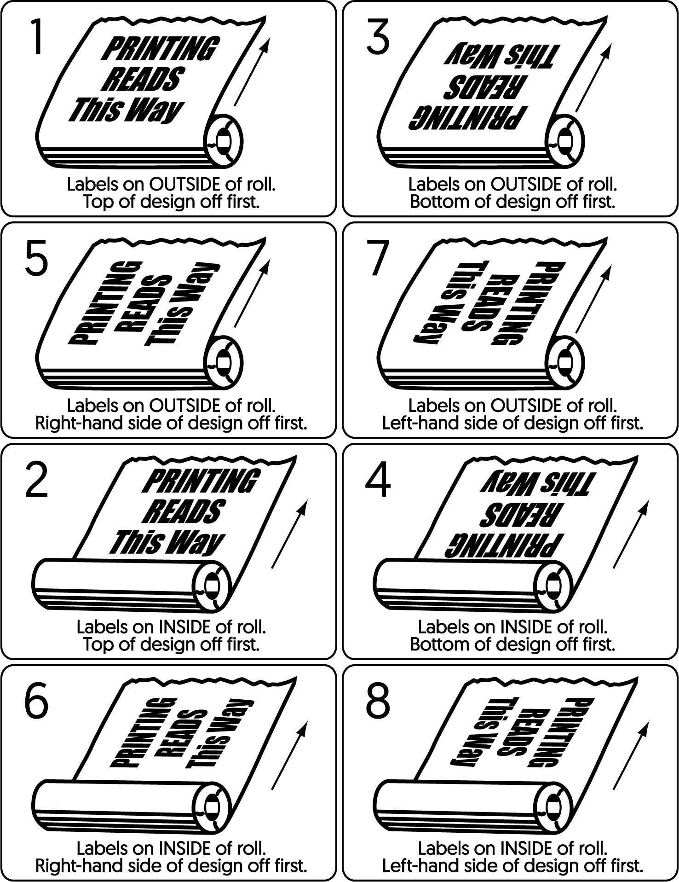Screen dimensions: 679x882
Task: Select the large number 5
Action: (36, 259)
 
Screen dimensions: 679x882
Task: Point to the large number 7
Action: (378, 259)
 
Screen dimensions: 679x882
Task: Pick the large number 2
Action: (36, 480)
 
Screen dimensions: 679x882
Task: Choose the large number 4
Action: (378, 480)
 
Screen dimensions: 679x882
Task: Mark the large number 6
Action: (36, 702)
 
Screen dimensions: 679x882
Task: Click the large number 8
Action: (378, 702)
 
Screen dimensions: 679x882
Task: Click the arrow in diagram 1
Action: (252, 72)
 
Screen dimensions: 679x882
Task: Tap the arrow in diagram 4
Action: (631, 534)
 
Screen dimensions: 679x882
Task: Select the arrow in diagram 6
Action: (289, 756)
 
